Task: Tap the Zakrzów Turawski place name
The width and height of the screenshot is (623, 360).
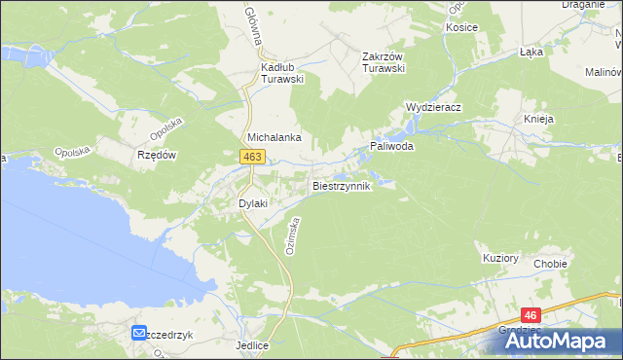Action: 383,62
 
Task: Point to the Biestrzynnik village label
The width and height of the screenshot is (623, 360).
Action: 341,185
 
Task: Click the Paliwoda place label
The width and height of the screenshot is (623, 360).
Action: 391,146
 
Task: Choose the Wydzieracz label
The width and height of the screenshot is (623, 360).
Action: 433,106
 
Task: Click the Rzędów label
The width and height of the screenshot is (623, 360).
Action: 156,154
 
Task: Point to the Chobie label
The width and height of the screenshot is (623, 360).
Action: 550,263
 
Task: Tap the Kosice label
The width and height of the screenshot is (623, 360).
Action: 461,27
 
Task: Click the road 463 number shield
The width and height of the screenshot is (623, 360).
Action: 252,156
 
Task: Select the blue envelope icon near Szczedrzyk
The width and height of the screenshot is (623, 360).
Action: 140,334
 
